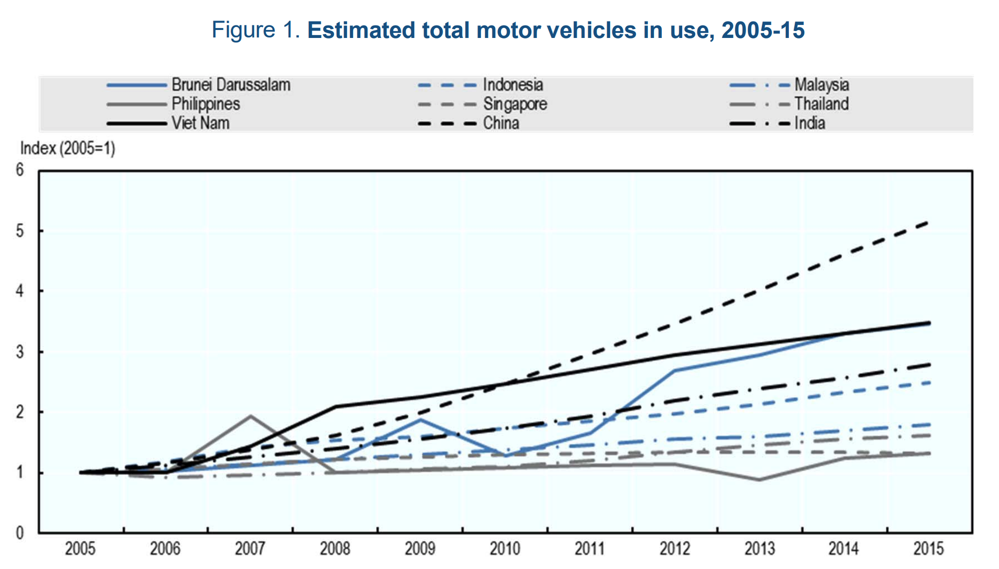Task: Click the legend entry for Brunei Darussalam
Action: pos(230,85)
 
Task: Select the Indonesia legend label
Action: pos(512,85)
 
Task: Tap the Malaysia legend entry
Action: pos(821,85)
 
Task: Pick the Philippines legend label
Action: pos(205,104)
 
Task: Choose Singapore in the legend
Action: pos(514,104)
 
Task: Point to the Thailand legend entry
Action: pos(821,104)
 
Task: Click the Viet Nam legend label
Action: pos(200,123)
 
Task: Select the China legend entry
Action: pos(500,123)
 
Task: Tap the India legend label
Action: pos(809,123)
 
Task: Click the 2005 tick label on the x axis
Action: pos(80,549)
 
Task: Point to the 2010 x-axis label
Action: pos(504,549)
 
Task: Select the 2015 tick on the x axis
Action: pos(929,549)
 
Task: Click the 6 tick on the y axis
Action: pos(20,170)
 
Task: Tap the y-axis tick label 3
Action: pos(20,352)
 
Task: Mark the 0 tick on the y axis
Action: pos(20,533)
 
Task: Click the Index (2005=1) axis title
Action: pos(67,148)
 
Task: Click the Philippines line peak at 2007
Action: pos(250,416)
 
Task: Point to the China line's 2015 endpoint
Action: pos(928,222)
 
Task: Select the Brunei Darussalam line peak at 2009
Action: pos(420,420)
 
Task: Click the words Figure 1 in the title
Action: pos(255,30)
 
